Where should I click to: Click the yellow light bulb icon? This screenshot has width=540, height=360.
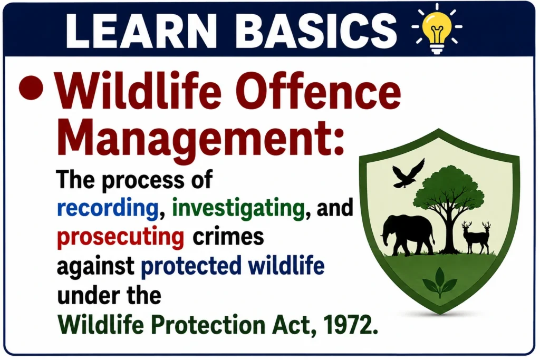(437, 29)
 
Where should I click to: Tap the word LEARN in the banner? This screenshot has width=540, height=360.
(141, 31)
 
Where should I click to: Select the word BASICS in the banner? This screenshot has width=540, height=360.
(316, 31)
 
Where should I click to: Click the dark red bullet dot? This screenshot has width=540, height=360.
(31, 87)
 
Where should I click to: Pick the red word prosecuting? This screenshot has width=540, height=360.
(121, 238)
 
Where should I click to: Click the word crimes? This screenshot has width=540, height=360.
(228, 236)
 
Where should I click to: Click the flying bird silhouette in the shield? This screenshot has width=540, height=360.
(409, 173)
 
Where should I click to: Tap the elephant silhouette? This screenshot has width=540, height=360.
(408, 235)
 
